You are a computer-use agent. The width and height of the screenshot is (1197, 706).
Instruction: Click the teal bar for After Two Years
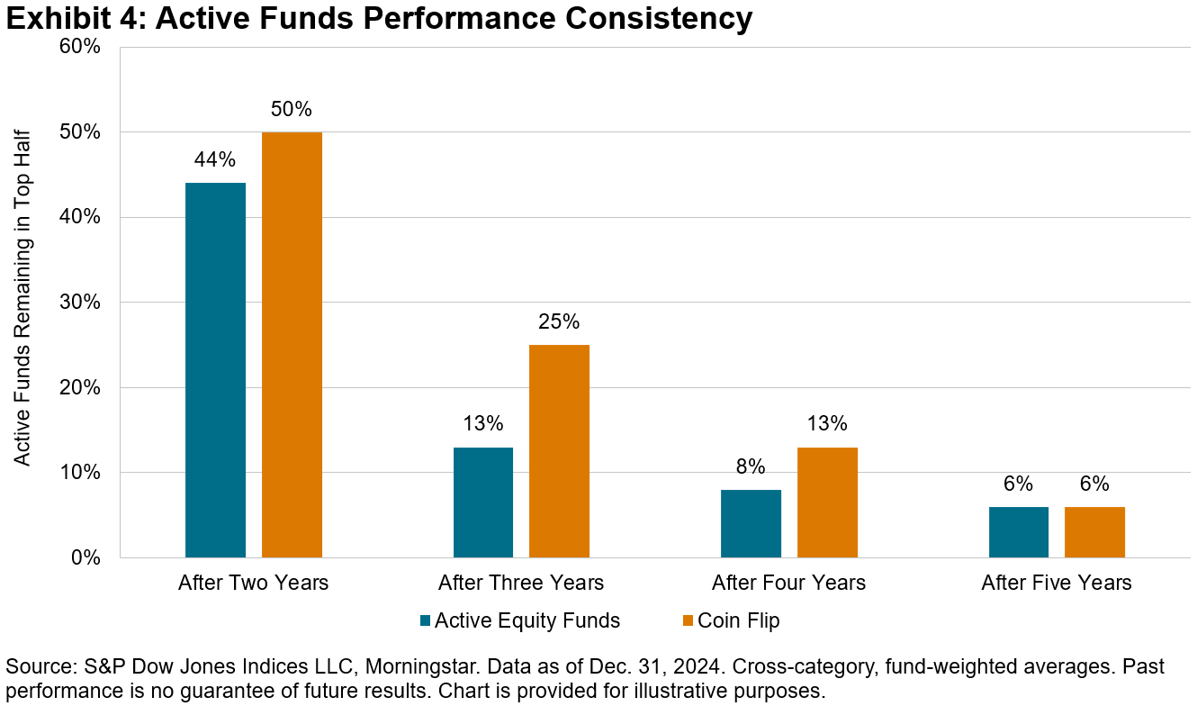pos(215,370)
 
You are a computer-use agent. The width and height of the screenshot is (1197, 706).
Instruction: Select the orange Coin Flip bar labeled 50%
pos(292,345)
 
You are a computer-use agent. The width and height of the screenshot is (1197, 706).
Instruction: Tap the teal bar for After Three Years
pos(483,502)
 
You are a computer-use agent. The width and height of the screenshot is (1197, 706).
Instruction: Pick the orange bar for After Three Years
pos(559,451)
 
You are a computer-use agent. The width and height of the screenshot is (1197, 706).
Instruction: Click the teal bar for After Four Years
pos(751,523)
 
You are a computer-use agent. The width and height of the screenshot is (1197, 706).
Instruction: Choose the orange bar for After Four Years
pos(827,502)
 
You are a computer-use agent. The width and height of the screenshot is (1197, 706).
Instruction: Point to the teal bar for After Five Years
pos(1019,532)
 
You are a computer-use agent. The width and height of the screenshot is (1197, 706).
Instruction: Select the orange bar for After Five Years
pos(1094,532)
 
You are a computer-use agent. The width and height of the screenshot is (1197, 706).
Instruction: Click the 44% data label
pos(215,160)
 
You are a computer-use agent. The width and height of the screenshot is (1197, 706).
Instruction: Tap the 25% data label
pos(559,321)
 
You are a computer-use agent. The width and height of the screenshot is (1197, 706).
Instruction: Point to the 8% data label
pos(751,466)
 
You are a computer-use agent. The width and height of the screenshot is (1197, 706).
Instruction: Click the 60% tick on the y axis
pos(79,47)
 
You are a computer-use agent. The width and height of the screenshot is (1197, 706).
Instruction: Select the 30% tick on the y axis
pos(79,303)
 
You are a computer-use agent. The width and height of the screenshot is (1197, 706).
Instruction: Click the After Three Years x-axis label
pos(521,583)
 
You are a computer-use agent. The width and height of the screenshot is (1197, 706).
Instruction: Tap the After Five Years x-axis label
pos(1057,583)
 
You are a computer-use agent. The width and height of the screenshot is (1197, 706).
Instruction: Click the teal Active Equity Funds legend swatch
pos(425,620)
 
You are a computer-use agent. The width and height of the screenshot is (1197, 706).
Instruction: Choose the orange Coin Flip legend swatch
pos(688,620)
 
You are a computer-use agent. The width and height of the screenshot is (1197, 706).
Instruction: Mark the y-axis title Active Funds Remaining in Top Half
pos(22,303)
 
